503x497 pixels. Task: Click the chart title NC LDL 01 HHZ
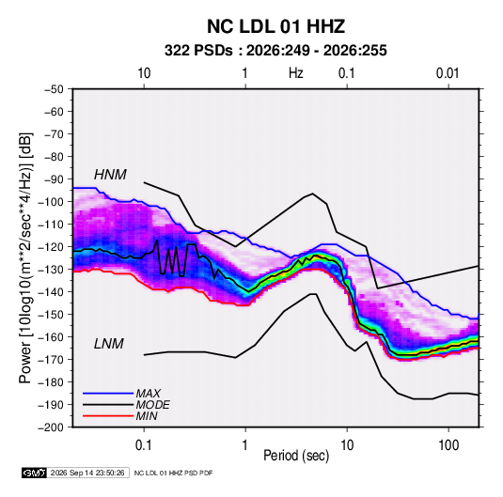[x=275, y=26]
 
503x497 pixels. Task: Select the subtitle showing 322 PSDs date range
[x=275, y=51]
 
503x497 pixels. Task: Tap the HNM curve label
[x=110, y=175]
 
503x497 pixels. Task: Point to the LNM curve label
[x=108, y=344]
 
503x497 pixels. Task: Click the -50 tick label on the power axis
[x=54, y=89]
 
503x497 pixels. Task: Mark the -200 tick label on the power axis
[x=51, y=427]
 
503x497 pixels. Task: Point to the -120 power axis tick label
[x=51, y=247]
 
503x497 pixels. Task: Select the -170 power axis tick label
[x=51, y=360]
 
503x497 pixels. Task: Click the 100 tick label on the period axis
[x=448, y=445]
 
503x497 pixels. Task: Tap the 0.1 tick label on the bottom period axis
[x=144, y=445]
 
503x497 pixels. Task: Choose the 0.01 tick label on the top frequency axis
[x=448, y=73]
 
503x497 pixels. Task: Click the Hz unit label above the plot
[x=296, y=73]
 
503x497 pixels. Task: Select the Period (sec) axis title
[x=296, y=456]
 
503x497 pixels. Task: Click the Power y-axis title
[x=25, y=257]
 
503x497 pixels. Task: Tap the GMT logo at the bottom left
[x=34, y=473]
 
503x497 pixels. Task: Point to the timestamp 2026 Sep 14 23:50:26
[x=87, y=473]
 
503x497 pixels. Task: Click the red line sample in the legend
[x=108, y=416]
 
